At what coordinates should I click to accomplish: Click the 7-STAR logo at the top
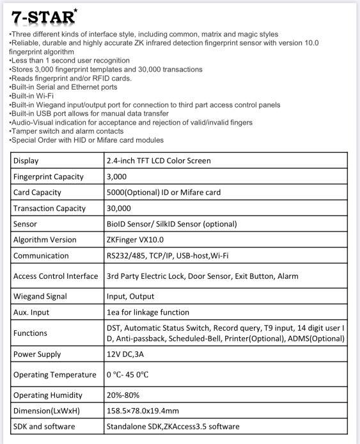43,17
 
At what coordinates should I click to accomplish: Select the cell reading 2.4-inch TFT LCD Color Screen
158,161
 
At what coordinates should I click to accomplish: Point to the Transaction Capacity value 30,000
118,208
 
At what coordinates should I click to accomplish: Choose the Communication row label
40,256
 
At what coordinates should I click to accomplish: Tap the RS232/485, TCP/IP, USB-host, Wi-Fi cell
168,256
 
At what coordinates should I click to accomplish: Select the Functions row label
30,333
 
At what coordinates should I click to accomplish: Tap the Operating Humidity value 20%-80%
123,395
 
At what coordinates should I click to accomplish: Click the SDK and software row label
43,427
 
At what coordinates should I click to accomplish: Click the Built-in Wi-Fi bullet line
31,95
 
